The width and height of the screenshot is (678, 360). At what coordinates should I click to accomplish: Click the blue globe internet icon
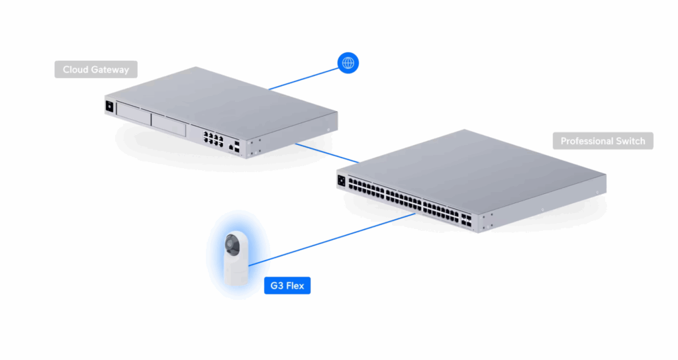click(348, 63)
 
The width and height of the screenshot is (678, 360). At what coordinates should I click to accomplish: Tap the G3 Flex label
click(287, 286)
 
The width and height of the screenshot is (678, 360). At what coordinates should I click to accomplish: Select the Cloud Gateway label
click(95, 69)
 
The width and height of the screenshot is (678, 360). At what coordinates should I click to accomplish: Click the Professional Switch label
click(603, 141)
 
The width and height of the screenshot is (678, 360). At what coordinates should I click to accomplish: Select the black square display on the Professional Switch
click(342, 178)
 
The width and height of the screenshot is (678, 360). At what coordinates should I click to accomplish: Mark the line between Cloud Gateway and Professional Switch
click(327, 152)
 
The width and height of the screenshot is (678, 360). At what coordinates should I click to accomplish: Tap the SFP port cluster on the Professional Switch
click(467, 220)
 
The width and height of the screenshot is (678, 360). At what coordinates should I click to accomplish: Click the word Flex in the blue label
click(295, 286)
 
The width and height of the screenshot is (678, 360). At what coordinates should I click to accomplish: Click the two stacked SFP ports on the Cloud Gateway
click(238, 146)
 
